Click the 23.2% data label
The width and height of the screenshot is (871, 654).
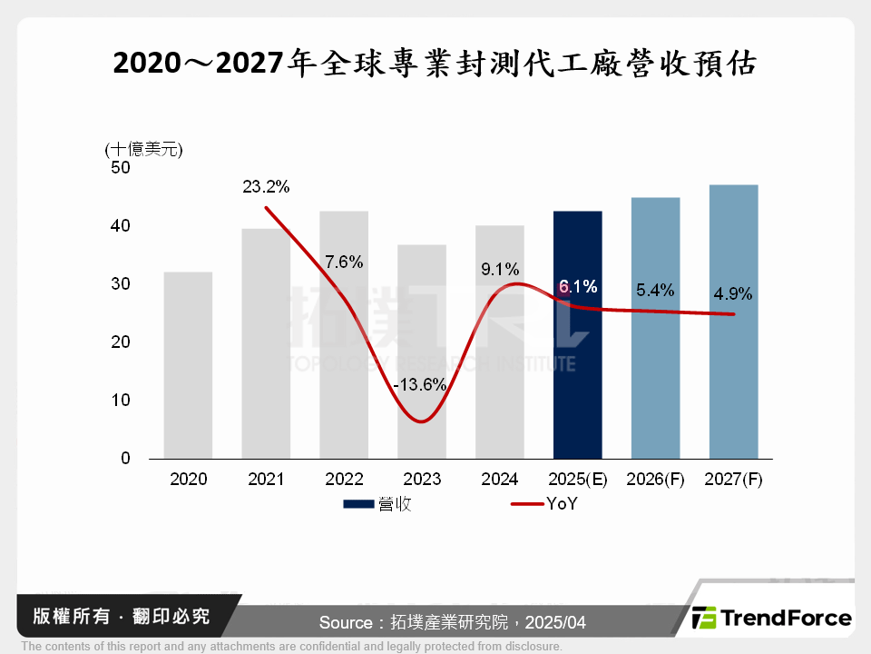(x=266, y=187)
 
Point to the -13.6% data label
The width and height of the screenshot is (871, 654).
(x=420, y=384)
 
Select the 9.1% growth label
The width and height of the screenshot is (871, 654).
(x=500, y=269)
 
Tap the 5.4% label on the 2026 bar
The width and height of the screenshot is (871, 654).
(x=655, y=290)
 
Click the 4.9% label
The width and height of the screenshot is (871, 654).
(x=732, y=293)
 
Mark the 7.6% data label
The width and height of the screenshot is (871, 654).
(x=344, y=263)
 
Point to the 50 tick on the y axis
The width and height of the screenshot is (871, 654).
(x=121, y=168)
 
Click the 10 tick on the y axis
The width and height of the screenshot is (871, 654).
(x=121, y=401)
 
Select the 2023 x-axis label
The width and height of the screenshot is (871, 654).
(x=421, y=480)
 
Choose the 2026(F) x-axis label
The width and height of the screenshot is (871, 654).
(x=655, y=480)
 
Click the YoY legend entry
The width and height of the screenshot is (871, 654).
(x=544, y=504)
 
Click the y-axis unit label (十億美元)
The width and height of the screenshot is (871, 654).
(x=144, y=149)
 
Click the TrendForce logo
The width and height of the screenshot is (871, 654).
(x=772, y=618)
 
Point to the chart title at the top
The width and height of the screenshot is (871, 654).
(x=435, y=64)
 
